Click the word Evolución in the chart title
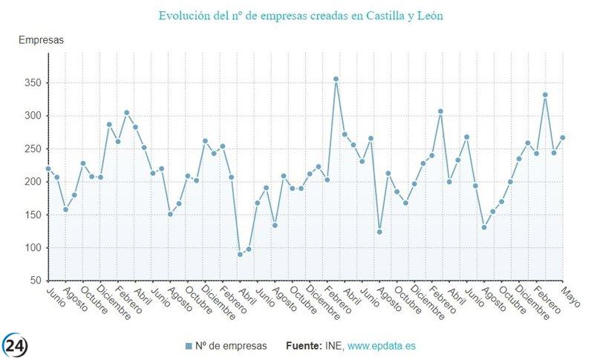pyautogui.click(x=183, y=15)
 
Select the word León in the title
pyautogui.click(x=428, y=15)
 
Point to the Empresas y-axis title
pyautogui.click(x=41, y=40)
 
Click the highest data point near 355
pyautogui.click(x=336, y=79)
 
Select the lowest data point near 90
pyautogui.click(x=240, y=255)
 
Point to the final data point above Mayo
pyautogui.click(x=563, y=137)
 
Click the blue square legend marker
pyautogui.click(x=188, y=347)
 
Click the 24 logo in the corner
pyautogui.click(x=16, y=344)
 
